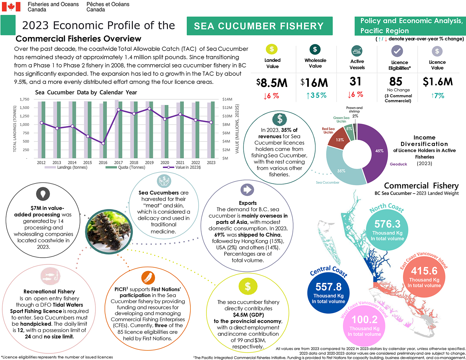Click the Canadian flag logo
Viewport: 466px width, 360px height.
pos(11,7)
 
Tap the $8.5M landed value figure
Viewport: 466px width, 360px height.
pos(272,83)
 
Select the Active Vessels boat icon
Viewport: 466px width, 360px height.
pos(357,51)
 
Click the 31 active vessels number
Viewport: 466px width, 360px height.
pos(356,82)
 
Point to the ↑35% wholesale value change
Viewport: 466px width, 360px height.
pos(316,95)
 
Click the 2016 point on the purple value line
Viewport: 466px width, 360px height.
pos(103,143)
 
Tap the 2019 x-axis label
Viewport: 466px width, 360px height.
pos(149,162)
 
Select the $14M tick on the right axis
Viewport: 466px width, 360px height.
pos(227,99)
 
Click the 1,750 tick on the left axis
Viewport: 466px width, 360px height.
pos(24,99)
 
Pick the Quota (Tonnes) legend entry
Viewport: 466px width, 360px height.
pos(125,167)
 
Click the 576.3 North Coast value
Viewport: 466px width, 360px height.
pos(387,224)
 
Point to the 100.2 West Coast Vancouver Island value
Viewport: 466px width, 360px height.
pos(364,320)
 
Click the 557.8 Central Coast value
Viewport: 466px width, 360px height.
pos(328,287)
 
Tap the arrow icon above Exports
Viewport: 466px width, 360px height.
pos(247,190)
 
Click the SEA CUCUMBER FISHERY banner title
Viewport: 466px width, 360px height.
pos(259,26)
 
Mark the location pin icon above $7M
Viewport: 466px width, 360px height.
pos(43,194)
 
